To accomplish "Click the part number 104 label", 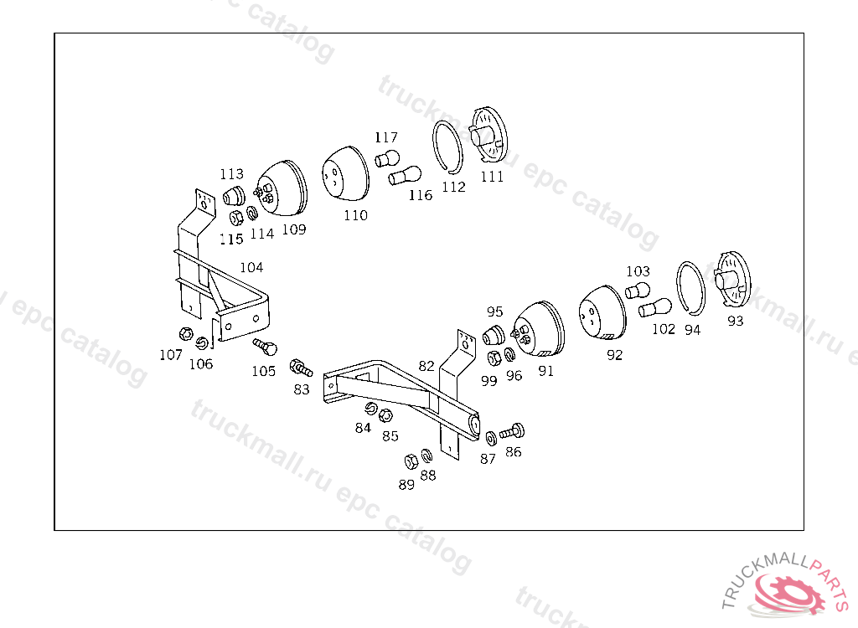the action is tap(251, 267).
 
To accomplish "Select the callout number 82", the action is tap(426, 366).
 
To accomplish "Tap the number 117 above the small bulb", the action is tap(386, 137).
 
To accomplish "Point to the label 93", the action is tap(736, 321).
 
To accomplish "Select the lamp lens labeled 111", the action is tap(489, 135).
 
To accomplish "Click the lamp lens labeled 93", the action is tap(732, 280).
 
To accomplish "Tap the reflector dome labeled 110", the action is tap(344, 173).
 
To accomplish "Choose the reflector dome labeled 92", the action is tap(602, 312).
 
